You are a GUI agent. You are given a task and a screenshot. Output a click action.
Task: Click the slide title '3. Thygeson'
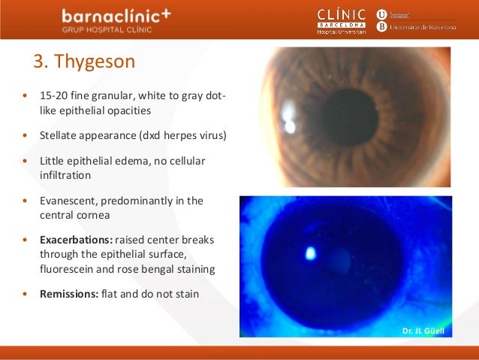tap(84, 61)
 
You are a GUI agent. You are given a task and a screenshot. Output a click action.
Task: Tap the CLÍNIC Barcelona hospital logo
tap(342, 20)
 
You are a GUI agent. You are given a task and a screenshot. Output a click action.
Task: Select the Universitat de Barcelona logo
tap(416, 20)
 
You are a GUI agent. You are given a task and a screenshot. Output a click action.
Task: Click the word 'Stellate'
tap(57, 136)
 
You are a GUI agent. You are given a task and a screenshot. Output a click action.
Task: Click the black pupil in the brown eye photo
tap(350, 117)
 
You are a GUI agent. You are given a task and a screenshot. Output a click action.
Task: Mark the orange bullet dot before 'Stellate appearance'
tap(26, 137)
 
